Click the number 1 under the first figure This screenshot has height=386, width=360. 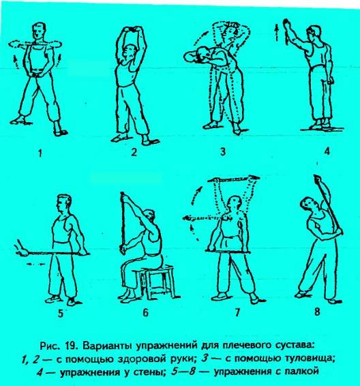pos(40,153)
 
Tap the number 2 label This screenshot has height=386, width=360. pos(134,152)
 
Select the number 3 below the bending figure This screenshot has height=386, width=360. pos(223,151)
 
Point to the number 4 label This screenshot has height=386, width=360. pos(327,151)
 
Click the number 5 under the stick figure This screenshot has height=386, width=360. pos(61,314)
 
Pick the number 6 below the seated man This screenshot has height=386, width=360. pos(145,312)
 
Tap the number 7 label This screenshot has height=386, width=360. pos(237,312)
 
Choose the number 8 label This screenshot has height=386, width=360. pos(317,312)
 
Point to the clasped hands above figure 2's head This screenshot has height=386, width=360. pos(134,29)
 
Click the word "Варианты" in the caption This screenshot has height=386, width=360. pos(108,345)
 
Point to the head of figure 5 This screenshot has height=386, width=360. pos(64,204)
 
